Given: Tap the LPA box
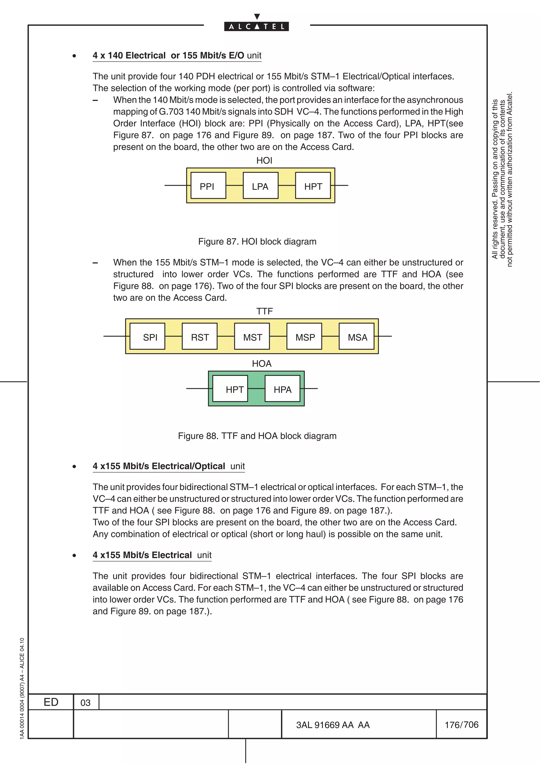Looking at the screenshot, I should point(261,186).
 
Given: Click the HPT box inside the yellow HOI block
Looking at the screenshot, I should point(313,186).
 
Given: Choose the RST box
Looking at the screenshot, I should point(200,336).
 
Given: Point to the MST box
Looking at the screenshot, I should point(252,336).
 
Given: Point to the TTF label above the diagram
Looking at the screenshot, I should point(264,311).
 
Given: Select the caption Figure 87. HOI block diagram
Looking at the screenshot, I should point(257,241).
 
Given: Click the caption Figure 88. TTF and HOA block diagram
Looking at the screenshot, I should point(257,436).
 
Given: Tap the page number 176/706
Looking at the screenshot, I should point(461,725).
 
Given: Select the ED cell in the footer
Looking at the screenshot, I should point(51,702).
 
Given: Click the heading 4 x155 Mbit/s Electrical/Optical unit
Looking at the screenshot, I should point(169,466).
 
